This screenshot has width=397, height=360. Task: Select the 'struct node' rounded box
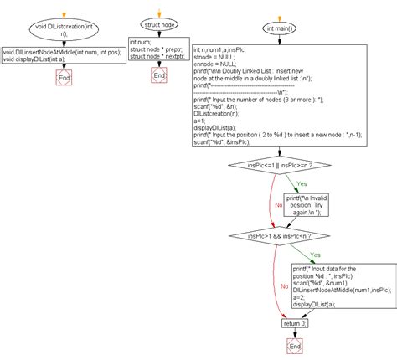pos(159,26)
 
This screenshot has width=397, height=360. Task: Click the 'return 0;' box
pos(294,321)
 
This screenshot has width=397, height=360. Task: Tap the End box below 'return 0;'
pos(294,345)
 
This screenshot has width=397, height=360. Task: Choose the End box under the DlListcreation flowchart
pos(64,78)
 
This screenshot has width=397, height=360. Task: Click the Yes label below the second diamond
pos(314,255)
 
